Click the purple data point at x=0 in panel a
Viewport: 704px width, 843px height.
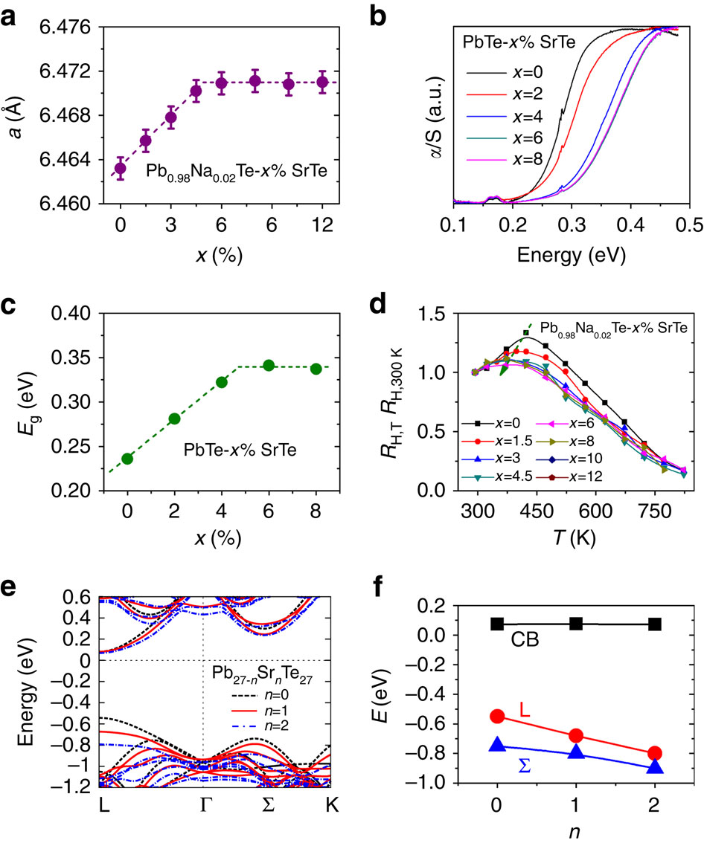tap(120, 168)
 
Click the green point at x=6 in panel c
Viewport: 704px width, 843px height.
tap(269, 365)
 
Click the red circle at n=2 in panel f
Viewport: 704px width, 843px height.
tap(655, 753)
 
